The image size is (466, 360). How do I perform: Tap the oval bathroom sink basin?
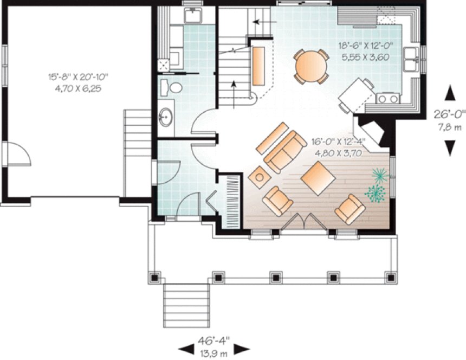click(166, 115)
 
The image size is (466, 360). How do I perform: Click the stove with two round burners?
click(388, 98)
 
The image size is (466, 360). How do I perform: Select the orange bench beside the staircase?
click(259, 66)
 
